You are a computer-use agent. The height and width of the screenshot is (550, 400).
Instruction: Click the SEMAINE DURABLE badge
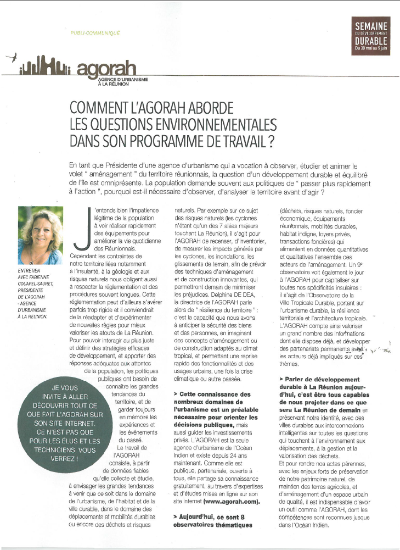point(371,36)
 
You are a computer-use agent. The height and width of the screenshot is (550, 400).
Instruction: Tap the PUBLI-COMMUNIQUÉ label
point(95,33)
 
